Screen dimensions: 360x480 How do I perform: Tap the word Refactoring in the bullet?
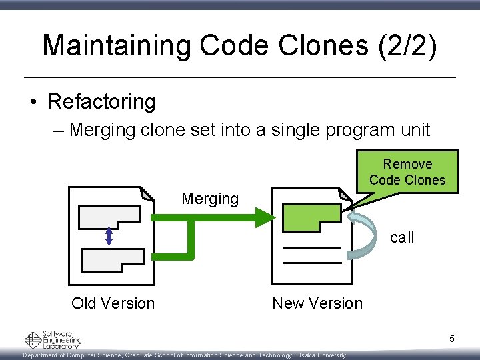(x=101, y=101)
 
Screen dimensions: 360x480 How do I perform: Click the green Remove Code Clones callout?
(x=407, y=172)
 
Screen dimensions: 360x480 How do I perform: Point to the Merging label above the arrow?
(x=210, y=199)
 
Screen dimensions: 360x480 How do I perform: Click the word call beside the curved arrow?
(x=401, y=237)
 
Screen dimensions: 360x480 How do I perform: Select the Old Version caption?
(x=113, y=303)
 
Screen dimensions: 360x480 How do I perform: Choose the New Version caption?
(x=317, y=303)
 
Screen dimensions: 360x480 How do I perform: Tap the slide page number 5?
(x=451, y=339)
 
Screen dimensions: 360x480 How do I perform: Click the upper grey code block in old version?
(x=109, y=217)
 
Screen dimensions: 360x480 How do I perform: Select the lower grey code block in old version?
(x=112, y=259)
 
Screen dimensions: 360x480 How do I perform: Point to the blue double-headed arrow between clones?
(x=109, y=237)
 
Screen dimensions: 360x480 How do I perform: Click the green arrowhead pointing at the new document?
(x=265, y=217)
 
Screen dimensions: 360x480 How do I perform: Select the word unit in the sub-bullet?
(x=411, y=130)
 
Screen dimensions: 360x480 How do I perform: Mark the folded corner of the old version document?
(x=146, y=193)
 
